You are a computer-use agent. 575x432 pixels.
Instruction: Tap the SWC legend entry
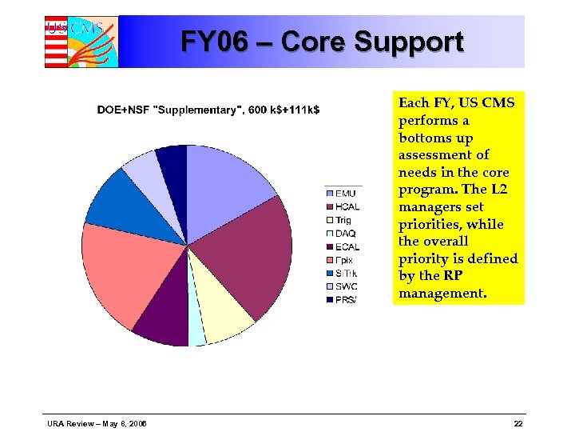(346, 286)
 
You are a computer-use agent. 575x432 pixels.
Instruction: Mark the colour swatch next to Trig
(329, 220)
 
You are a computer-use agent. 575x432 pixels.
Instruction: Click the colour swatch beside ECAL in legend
(329, 246)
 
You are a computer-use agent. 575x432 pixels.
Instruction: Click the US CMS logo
(81, 42)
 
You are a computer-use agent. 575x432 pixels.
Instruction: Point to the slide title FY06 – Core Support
(322, 42)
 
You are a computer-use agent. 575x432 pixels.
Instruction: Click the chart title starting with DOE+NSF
(208, 110)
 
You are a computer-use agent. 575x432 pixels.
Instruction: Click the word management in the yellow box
(442, 293)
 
